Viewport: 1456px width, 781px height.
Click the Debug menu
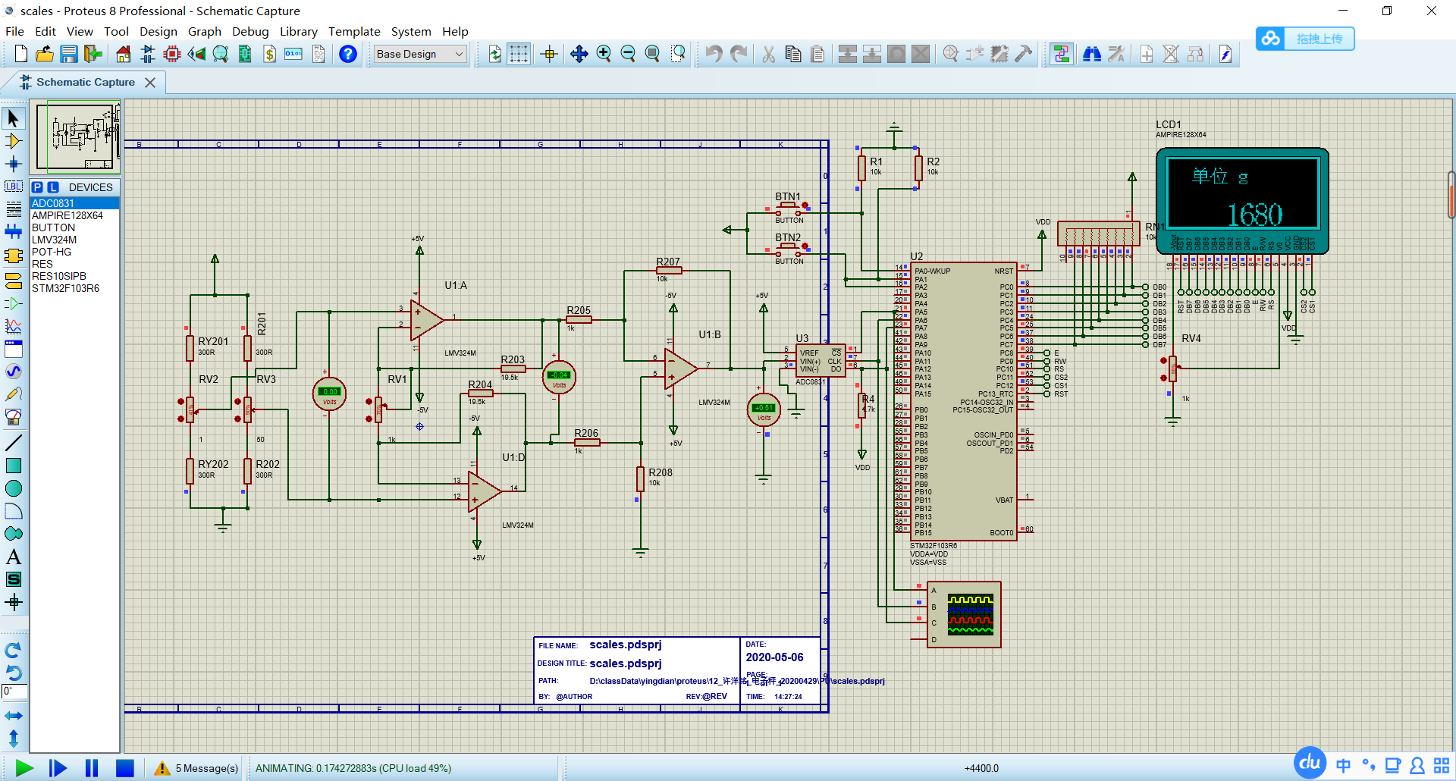click(x=250, y=31)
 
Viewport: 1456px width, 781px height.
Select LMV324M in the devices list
click(x=54, y=240)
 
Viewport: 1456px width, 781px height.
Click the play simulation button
click(x=24, y=768)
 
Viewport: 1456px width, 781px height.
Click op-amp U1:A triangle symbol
click(x=425, y=320)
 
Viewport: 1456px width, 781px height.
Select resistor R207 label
click(x=668, y=262)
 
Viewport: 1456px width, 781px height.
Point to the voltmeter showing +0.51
click(x=764, y=409)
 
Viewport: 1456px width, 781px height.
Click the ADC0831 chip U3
click(x=821, y=362)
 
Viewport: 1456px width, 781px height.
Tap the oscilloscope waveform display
click(x=970, y=614)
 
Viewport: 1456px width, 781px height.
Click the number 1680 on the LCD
click(x=1254, y=215)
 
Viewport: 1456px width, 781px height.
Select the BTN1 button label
click(x=787, y=196)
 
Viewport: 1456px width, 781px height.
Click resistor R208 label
click(x=660, y=472)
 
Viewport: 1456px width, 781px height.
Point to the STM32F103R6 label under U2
click(x=934, y=545)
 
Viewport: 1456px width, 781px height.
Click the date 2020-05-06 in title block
click(x=774, y=657)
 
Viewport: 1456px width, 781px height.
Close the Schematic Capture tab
click(x=150, y=83)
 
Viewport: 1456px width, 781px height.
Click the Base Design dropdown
click(x=419, y=54)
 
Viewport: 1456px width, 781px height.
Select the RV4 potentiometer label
click(x=1191, y=338)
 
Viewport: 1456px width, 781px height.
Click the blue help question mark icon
click(x=348, y=54)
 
